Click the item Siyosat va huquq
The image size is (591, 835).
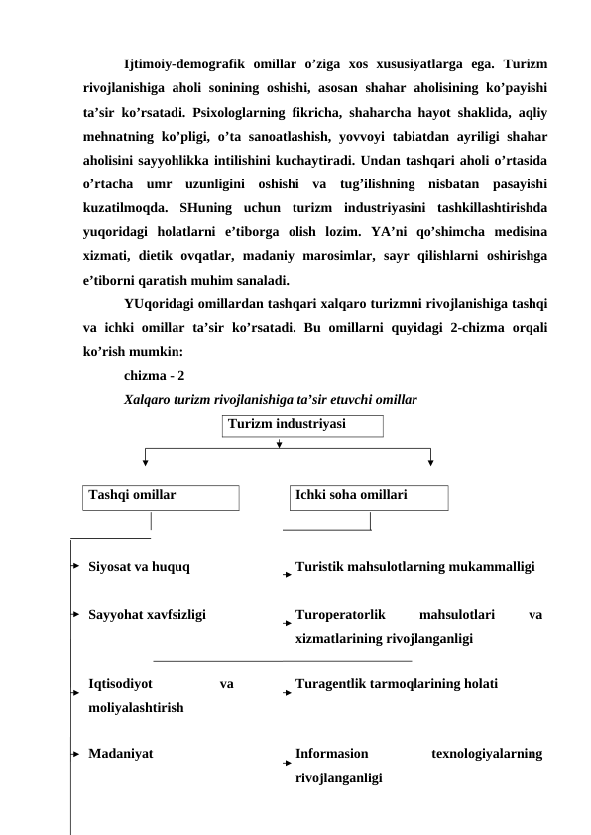pyautogui.click(x=140, y=568)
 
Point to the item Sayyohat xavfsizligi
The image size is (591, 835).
pyautogui.click(x=147, y=615)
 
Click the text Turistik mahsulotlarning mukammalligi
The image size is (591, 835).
pyautogui.click(x=415, y=568)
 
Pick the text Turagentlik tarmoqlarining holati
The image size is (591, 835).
pyautogui.click(x=397, y=684)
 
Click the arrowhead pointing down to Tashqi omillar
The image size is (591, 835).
pyautogui.click(x=146, y=458)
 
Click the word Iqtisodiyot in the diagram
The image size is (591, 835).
pyautogui.click(x=120, y=684)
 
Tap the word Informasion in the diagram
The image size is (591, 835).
pyautogui.click(x=332, y=754)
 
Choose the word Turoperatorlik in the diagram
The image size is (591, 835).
pyautogui.click(x=339, y=615)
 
